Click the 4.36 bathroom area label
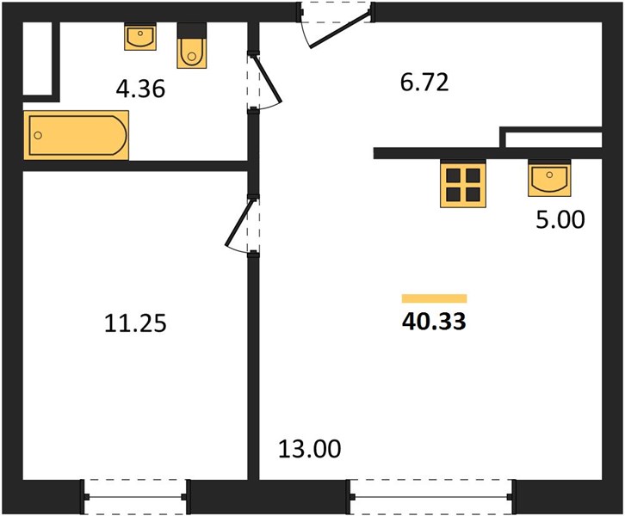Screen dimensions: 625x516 (x=140, y=89)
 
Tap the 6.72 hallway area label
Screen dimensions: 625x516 (x=424, y=83)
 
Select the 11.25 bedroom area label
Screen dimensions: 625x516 (x=135, y=322)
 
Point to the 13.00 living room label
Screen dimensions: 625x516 (x=309, y=449)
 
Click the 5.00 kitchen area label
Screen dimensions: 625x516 (x=560, y=219)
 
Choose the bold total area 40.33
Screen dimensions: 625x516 (x=434, y=322)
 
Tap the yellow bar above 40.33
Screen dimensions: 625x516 (x=434, y=298)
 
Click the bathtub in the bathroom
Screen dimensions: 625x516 (x=76, y=135)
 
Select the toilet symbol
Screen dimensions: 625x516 (x=192, y=46)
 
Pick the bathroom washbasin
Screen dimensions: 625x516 (x=140, y=36)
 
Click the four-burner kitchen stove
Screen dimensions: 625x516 (x=463, y=185)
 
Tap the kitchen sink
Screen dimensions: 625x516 (x=549, y=178)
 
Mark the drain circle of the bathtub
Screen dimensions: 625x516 (x=38, y=135)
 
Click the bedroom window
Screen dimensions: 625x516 (x=135, y=496)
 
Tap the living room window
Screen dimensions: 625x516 (x=432, y=496)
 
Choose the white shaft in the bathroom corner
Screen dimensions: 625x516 (x=38, y=58)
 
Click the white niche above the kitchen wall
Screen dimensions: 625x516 (x=554, y=139)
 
